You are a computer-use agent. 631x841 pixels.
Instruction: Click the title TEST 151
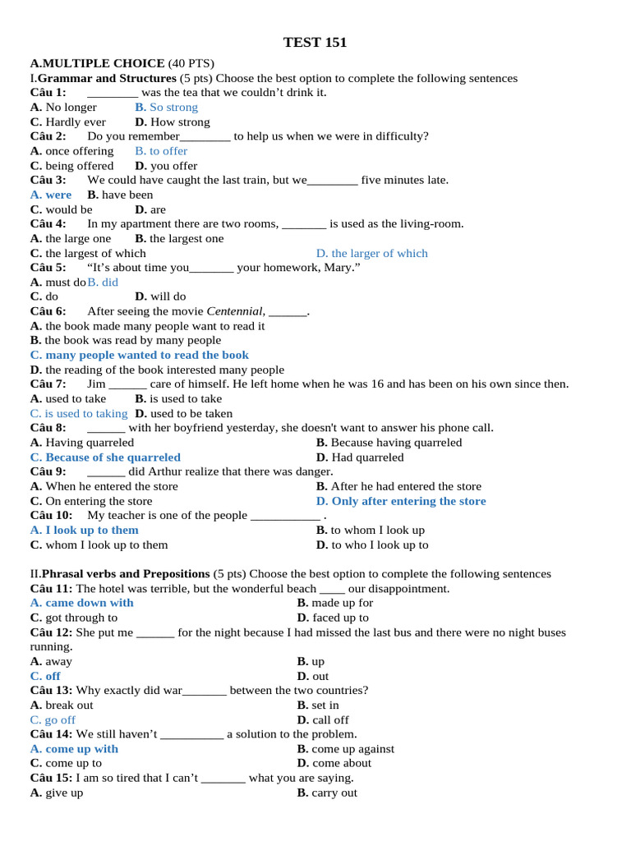pyautogui.click(x=315, y=43)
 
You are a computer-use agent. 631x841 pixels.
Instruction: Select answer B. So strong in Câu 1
pyautogui.click(x=166, y=108)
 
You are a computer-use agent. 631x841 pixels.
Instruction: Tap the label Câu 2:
pyautogui.click(x=48, y=136)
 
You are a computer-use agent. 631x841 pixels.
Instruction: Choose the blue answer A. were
pyautogui.click(x=51, y=195)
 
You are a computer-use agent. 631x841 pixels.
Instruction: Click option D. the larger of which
pyautogui.click(x=371, y=254)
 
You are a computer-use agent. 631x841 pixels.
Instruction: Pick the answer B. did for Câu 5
pyautogui.click(x=103, y=283)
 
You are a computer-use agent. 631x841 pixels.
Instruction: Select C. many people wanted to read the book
pyautogui.click(x=140, y=356)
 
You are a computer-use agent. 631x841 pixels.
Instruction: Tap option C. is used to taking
pyautogui.click(x=79, y=414)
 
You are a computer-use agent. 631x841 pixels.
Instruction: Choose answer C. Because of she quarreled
pyautogui.click(x=105, y=457)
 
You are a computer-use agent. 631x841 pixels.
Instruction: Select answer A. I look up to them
pyautogui.click(x=85, y=531)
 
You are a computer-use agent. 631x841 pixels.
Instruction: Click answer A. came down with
pyautogui.click(x=82, y=603)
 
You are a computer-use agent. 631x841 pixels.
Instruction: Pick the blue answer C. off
pyautogui.click(x=45, y=677)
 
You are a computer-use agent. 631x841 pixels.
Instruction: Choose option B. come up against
pyautogui.click(x=346, y=749)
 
